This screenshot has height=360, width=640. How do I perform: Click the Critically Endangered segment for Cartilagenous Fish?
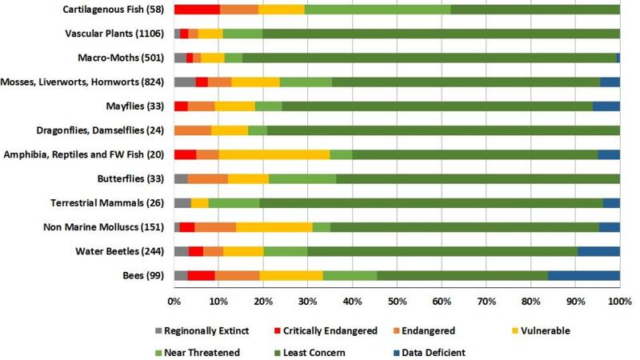coord(197,10)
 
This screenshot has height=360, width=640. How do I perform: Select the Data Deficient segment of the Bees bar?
coord(583,276)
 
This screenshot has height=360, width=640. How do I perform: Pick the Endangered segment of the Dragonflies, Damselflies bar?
coord(193,130)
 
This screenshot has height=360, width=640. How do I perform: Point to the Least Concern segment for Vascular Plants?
coord(441,34)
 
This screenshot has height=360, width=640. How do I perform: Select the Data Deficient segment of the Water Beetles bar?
coord(598,251)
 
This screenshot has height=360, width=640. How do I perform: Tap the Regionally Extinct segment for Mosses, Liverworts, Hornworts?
coord(184,82)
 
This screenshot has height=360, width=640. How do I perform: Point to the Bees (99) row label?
coord(142,276)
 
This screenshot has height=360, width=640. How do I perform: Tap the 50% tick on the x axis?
coord(397,302)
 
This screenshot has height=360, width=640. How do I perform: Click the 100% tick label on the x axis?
coord(620,302)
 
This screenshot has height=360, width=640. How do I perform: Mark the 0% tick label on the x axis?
coord(174,302)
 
